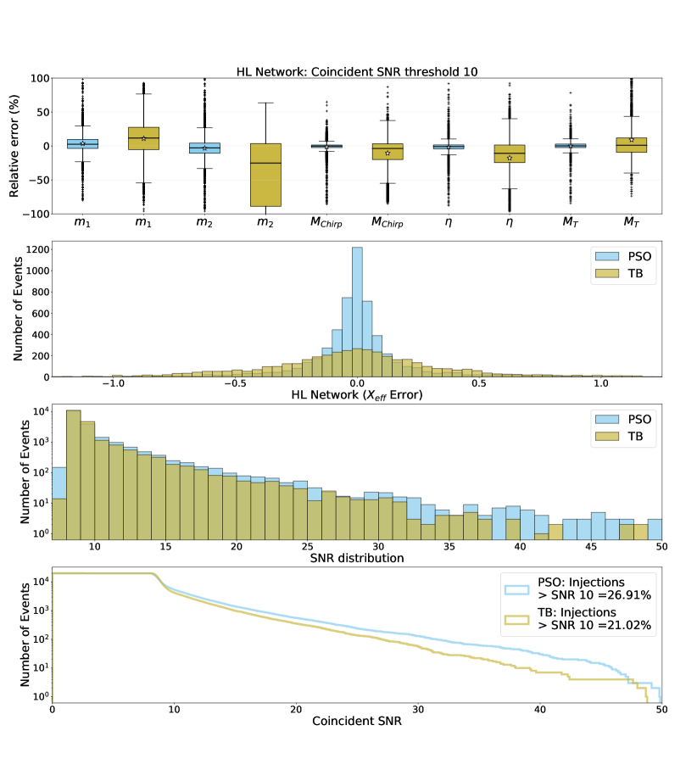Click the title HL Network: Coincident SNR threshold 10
[x=357, y=71]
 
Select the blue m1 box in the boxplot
[x=82, y=144]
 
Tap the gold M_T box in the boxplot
[x=632, y=145]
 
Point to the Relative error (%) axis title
[x=15, y=146]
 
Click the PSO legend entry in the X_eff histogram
[x=628, y=255]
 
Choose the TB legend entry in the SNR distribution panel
[x=628, y=437]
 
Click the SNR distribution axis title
[x=357, y=559]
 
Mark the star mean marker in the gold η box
[x=510, y=158]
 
